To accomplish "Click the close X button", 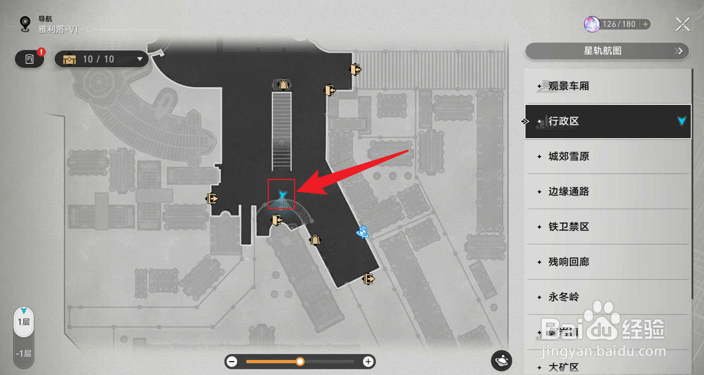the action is tap(682, 25).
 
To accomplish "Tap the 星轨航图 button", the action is tap(607, 51).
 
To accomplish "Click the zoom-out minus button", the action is tap(232, 362).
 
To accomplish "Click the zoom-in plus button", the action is tap(368, 362).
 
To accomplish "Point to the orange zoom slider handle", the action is tap(300, 362).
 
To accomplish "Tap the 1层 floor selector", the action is tap(24, 322).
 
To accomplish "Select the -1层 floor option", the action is tap(24, 354).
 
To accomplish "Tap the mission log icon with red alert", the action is tap(30, 59).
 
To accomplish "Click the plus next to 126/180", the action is tap(645, 24).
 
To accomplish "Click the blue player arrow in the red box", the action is tap(282, 194).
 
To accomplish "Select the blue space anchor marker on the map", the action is tap(363, 232).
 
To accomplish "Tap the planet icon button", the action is tap(501, 361).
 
